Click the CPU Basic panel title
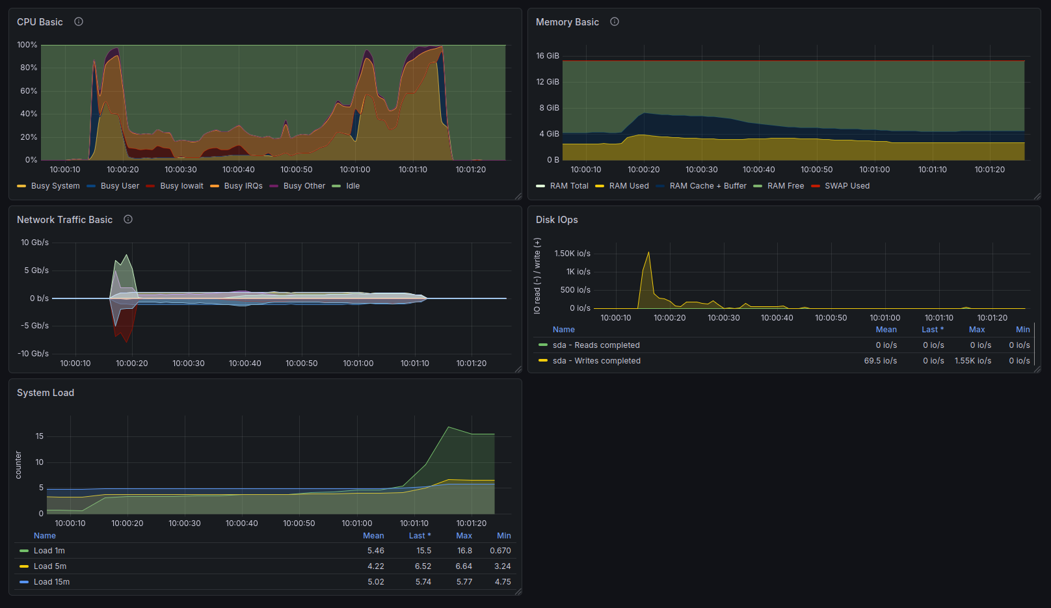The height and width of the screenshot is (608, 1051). pos(40,22)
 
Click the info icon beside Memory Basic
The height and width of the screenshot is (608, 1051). pos(614,21)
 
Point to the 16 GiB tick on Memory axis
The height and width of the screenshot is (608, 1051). pos(548,56)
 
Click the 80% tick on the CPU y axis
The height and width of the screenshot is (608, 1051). pos(28,68)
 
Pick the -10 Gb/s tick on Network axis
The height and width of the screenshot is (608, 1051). pos(33,353)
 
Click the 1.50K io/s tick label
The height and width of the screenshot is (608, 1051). pos(572,254)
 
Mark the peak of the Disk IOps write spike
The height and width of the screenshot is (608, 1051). pos(648,252)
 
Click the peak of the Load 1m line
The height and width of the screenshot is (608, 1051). pos(449,427)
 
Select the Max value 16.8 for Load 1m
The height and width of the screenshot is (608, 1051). pos(464,550)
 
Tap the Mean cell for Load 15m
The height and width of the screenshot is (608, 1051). pos(376,582)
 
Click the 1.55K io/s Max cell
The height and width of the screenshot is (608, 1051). pos(973,361)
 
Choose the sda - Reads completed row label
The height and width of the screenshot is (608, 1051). pos(596,345)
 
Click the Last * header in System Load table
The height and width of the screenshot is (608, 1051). pos(419,536)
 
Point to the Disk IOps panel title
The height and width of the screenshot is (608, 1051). pos(557,220)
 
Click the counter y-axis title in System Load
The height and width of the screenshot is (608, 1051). pos(18,465)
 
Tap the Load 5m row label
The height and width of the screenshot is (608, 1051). pos(49,566)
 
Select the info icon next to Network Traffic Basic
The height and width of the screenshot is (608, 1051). pos(128,219)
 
